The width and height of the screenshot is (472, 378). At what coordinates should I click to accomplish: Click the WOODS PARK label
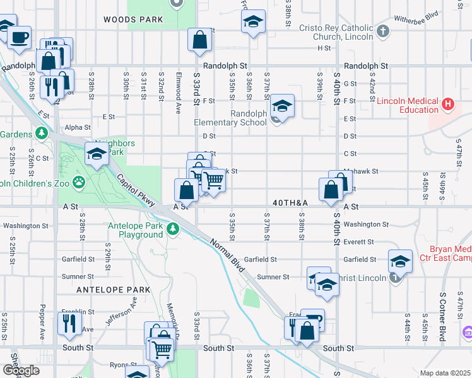click(133, 20)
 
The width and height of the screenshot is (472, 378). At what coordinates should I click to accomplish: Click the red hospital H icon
click(448, 103)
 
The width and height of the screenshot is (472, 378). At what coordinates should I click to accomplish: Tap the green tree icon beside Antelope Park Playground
click(173, 230)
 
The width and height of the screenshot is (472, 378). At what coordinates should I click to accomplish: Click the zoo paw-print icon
click(79, 183)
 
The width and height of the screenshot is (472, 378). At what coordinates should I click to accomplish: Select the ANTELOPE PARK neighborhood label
click(113, 290)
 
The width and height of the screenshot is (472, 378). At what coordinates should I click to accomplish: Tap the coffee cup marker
click(19, 37)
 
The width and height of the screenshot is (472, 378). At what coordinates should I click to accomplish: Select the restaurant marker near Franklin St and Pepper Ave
click(69, 323)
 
